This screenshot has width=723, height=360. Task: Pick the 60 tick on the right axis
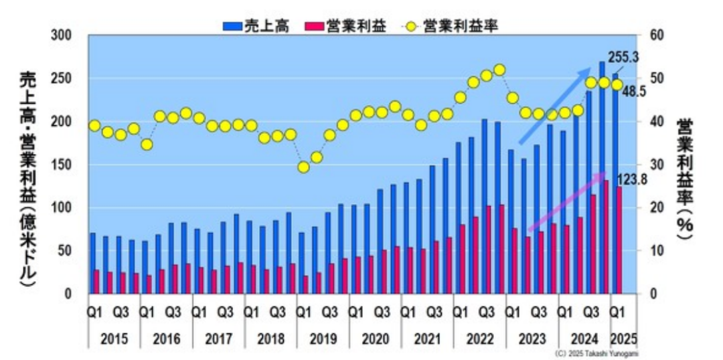point(649,35)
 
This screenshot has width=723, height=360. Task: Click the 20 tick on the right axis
point(649,208)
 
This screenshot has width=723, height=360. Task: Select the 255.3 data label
point(623,58)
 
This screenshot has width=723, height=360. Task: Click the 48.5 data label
point(633,92)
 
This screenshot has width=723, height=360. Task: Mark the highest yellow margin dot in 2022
point(499,70)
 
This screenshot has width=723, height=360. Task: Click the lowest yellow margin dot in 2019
point(304,167)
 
